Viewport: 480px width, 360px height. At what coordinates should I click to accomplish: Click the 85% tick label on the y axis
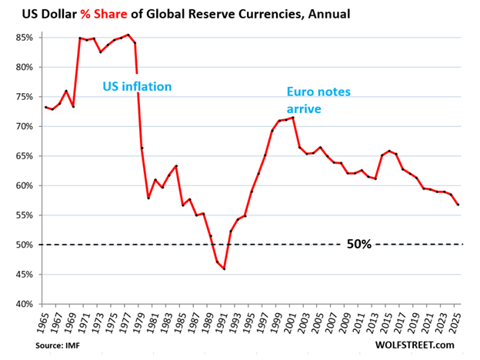coord(21,37)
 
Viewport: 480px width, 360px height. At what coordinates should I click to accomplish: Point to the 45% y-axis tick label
coord(21,274)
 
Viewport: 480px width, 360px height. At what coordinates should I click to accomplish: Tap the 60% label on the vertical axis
coord(21,185)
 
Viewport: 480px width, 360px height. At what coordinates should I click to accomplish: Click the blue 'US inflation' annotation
coord(137,86)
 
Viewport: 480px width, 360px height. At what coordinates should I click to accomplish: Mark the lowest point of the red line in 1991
coord(224,268)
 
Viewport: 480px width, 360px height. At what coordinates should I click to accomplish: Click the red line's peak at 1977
coord(128,35)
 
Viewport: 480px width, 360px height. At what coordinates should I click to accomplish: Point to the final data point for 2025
coord(459,205)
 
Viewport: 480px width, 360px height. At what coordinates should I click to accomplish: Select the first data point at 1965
coord(45,107)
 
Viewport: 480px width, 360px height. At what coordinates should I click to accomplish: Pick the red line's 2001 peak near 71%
coord(293,117)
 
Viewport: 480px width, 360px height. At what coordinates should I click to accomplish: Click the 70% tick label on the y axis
coord(21,126)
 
